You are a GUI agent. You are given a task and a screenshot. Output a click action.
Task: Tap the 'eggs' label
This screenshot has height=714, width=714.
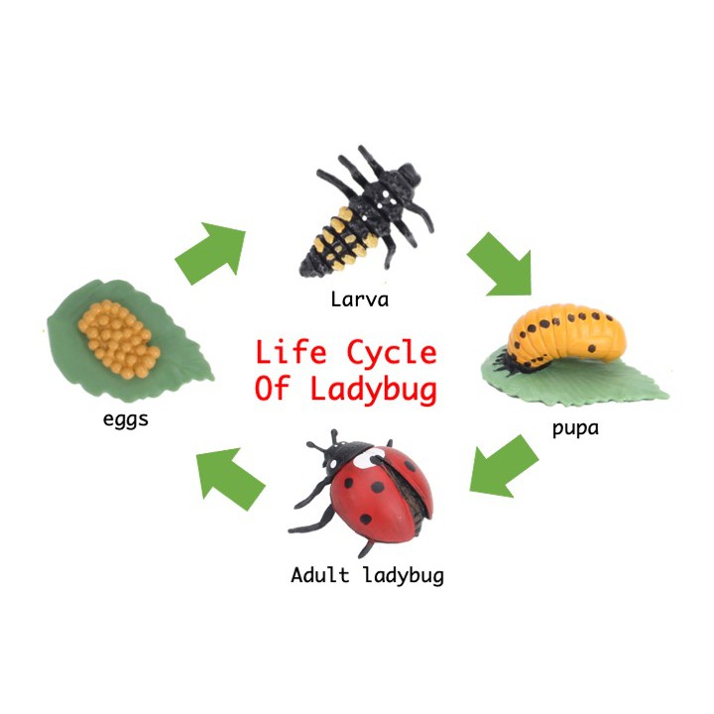click(126, 417)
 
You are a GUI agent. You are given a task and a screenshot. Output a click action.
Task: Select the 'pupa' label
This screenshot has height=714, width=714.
click(576, 429)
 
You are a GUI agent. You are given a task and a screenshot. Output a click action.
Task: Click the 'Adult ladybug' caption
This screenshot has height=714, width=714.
click(367, 574)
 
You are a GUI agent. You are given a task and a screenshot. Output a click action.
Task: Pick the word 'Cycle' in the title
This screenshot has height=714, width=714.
click(391, 353)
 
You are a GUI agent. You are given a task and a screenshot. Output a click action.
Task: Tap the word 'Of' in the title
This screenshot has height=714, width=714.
click(274, 388)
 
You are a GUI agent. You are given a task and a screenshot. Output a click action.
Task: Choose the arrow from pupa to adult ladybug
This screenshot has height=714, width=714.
click(504, 465)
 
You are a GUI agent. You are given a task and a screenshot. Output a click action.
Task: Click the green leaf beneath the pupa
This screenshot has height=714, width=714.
click(595, 382)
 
